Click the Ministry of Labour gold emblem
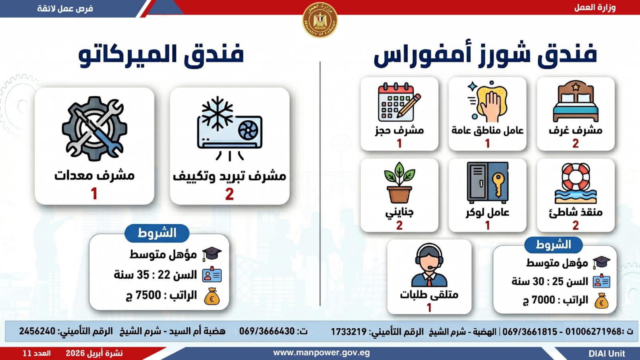pyautogui.click(x=320, y=20)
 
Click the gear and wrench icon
pyautogui.click(x=94, y=128)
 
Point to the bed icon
pyautogui.click(x=576, y=101)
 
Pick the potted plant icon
pyautogui.click(x=399, y=183)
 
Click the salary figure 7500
pyautogui.click(x=148, y=295)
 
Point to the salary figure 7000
pyautogui.click(x=543, y=300)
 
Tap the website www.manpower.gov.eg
pyautogui.click(x=322, y=353)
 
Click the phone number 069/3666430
pyautogui.click(x=267, y=331)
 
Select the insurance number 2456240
pyautogui.click(x=37, y=331)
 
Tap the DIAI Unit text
pyautogui.click(x=607, y=354)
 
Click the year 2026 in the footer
pyautogui.click(x=75, y=354)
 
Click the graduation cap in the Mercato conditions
pyautogui.click(x=212, y=254)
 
